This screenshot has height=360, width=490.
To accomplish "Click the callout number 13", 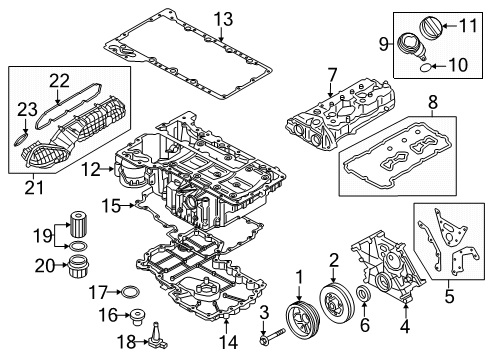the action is pyautogui.click(x=223, y=19).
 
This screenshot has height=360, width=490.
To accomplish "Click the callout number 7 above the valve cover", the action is pyautogui.click(x=332, y=75).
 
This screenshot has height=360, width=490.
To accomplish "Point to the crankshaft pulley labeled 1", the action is pyautogui.click(x=303, y=318).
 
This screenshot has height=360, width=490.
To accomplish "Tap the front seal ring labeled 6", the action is pyautogui.click(x=363, y=293).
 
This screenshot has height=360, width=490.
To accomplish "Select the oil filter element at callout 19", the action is pyautogui.click(x=79, y=223).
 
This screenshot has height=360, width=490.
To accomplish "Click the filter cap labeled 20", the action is pyautogui.click(x=79, y=266).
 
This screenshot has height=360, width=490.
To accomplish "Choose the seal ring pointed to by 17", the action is pyautogui.click(x=129, y=292).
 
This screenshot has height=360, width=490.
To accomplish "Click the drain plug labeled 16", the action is pyautogui.click(x=137, y=316).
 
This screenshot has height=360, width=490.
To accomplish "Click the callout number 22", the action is pyautogui.click(x=60, y=81).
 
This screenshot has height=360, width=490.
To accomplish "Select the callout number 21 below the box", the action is pyautogui.click(x=34, y=188).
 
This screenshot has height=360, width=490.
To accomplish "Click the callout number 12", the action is pyautogui.click(x=91, y=169).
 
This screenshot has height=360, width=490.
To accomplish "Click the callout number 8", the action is pyautogui.click(x=432, y=102).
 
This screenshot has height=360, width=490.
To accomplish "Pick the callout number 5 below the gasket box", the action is pyautogui.click(x=449, y=296).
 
